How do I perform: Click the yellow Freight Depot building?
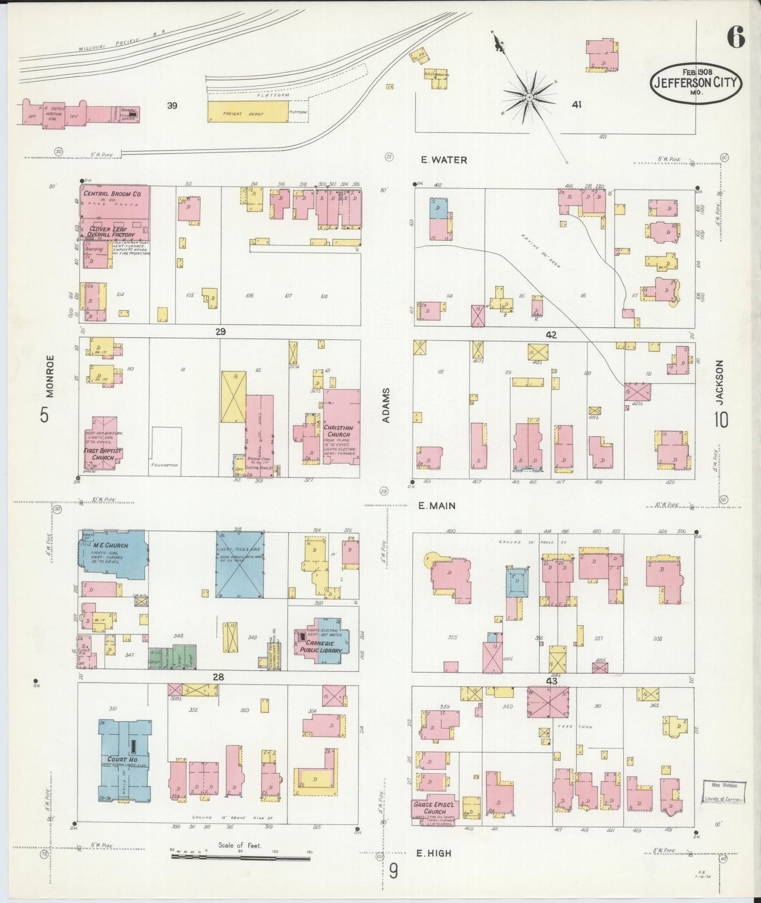tap(248, 112)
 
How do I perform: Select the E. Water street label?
tap(443, 160)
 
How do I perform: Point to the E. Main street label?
tap(437, 506)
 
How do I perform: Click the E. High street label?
tap(434, 853)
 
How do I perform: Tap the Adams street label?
tap(387, 405)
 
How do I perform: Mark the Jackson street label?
tap(720, 382)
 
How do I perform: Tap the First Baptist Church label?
tap(103, 455)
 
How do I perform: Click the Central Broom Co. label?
tap(112, 194)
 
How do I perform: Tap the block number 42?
tap(551, 335)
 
